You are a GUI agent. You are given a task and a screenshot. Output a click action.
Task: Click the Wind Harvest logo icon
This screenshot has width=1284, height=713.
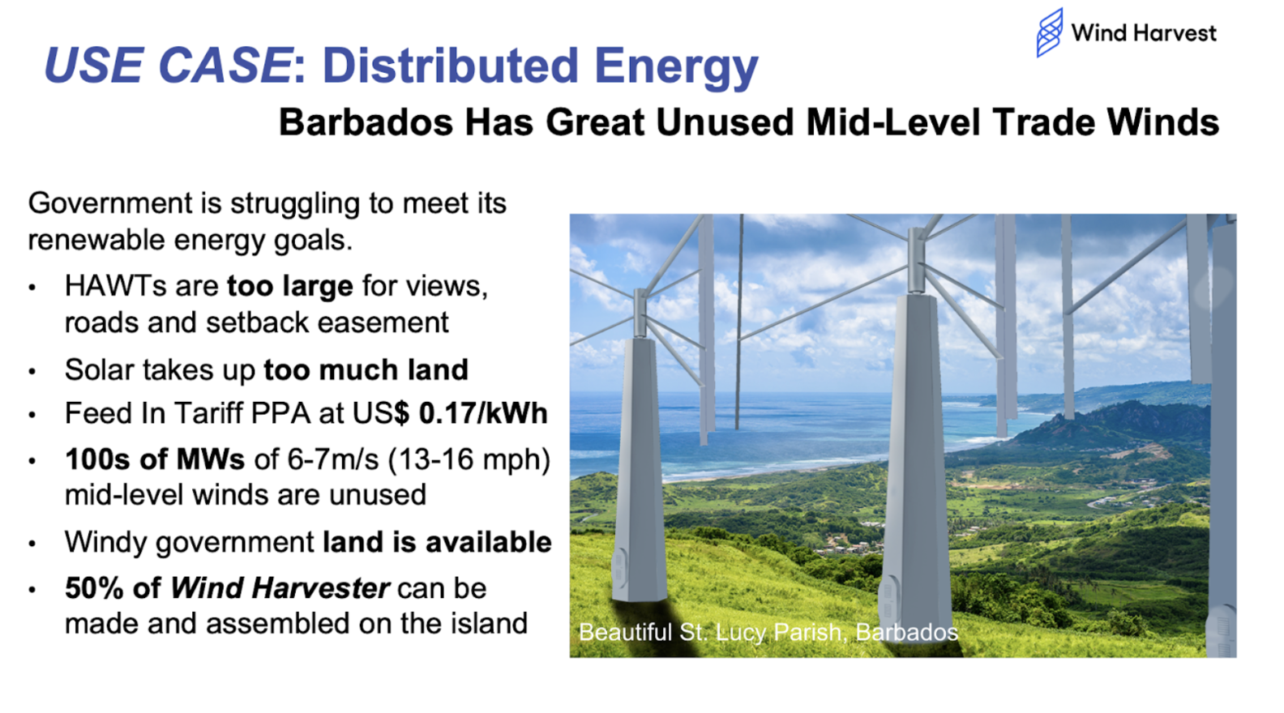click(x=1050, y=32)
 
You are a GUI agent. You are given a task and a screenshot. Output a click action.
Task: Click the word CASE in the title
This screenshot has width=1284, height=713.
click(x=225, y=65)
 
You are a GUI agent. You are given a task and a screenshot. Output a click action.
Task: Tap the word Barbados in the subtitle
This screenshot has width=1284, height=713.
click(x=366, y=122)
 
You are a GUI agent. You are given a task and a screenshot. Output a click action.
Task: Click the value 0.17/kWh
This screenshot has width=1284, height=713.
click(x=483, y=413)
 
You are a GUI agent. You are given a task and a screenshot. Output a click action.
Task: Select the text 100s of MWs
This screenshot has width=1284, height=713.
click(x=155, y=459)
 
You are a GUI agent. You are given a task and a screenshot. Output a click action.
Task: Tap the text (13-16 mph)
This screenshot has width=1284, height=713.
click(x=469, y=459)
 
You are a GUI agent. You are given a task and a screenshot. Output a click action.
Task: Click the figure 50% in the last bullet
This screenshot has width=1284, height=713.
click(x=94, y=588)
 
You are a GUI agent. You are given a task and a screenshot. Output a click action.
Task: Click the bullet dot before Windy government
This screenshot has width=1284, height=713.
click(x=32, y=544)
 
